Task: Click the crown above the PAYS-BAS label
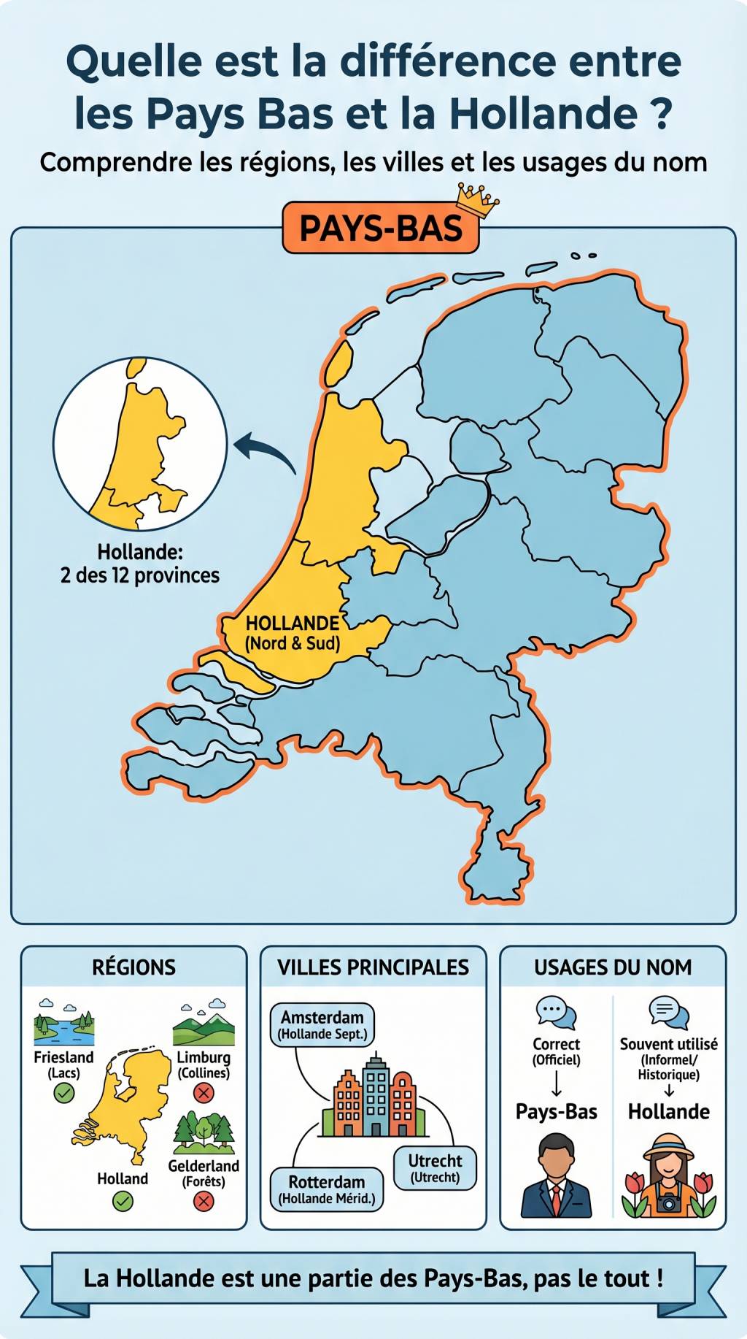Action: tap(477, 200)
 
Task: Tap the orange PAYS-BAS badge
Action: tap(380, 229)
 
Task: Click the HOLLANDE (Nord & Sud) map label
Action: tap(293, 633)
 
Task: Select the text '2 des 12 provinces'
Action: tap(140, 575)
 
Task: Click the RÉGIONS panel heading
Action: tap(133, 967)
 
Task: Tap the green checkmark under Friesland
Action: tap(64, 1093)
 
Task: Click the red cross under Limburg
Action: tap(204, 1093)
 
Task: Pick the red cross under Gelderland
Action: tap(204, 1202)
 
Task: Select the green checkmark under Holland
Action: tap(123, 1201)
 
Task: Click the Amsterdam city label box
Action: tap(322, 1024)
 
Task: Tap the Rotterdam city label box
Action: tap(327, 1189)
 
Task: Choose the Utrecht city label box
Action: tap(435, 1167)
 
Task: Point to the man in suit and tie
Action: tap(556, 1176)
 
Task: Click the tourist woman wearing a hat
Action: tap(668, 1176)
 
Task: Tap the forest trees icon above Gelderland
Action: tap(204, 1133)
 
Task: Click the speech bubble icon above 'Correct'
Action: tap(556, 1013)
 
